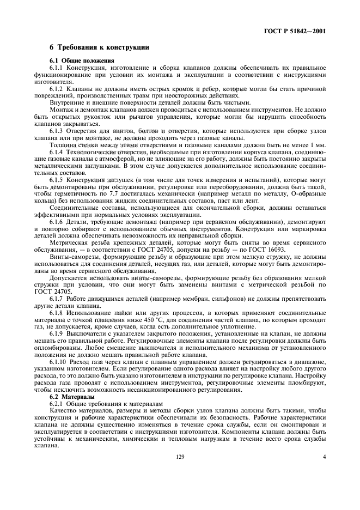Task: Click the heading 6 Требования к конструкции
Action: point(99,48)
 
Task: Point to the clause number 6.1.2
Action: point(57,88)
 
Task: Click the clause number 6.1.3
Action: point(57,131)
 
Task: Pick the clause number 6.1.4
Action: point(57,153)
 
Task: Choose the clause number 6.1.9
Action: point(57,331)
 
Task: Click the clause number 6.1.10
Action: point(58,360)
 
